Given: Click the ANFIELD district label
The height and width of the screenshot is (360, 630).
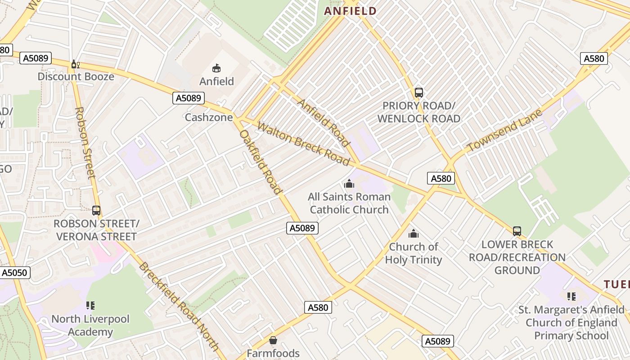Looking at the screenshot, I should (x=350, y=11).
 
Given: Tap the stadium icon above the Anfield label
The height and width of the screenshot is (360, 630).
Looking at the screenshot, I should (x=216, y=68).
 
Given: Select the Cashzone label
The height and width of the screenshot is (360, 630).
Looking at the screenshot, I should (x=209, y=117).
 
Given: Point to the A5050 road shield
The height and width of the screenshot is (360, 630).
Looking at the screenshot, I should (x=15, y=272).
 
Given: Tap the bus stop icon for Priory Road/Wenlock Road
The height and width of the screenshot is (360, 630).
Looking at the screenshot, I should (x=418, y=93).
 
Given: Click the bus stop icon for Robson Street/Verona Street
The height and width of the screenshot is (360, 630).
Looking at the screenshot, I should (x=96, y=210).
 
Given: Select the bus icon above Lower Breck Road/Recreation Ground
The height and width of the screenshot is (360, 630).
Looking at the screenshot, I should (x=517, y=231).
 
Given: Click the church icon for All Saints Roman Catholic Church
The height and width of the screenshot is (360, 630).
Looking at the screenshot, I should (x=349, y=184).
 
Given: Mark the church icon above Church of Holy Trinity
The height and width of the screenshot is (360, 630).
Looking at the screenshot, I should (x=413, y=234).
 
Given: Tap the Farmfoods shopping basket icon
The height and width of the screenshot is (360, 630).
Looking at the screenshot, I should (x=273, y=340).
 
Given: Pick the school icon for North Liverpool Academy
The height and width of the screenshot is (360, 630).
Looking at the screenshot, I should (x=90, y=306).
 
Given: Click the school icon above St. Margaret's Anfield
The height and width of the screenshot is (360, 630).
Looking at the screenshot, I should (x=571, y=297).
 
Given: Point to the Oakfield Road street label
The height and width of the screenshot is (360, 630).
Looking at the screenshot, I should (x=261, y=162).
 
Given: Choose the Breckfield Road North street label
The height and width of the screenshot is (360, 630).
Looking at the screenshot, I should (x=179, y=306).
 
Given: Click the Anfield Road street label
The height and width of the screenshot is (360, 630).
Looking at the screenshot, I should (x=324, y=123).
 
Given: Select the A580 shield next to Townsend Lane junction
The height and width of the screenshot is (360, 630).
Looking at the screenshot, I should (x=441, y=178).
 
